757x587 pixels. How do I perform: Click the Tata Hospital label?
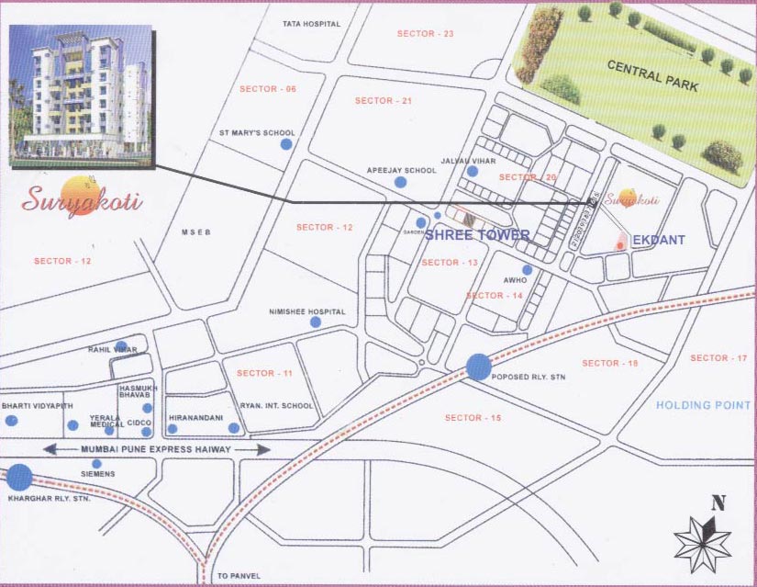[311, 24]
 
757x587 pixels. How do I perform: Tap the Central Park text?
[652, 77]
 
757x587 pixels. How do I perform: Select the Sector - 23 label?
[425, 34]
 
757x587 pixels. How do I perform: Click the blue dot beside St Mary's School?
[286, 144]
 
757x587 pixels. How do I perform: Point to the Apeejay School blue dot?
[400, 182]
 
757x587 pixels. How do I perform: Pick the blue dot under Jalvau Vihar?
[472, 171]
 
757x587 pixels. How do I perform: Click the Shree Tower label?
[476, 235]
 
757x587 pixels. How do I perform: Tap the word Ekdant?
[659, 240]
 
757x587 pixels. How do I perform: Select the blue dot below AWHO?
[527, 270]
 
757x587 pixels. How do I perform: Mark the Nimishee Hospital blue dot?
[316, 322]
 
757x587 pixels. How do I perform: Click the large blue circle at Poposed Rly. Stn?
[478, 367]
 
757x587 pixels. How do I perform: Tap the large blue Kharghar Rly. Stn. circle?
[19, 477]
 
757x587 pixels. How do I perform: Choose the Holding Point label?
[704, 405]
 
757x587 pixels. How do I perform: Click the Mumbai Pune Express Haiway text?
[156, 449]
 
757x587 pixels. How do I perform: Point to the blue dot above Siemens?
[97, 463]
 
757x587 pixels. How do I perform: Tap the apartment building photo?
[80, 95]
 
